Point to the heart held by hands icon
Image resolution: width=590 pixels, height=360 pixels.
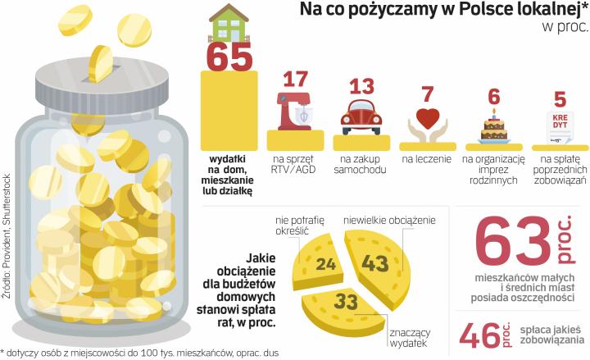pos(428,121)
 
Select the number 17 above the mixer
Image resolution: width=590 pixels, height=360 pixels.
pos(295,80)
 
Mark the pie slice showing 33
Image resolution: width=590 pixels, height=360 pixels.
pos(345,304)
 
